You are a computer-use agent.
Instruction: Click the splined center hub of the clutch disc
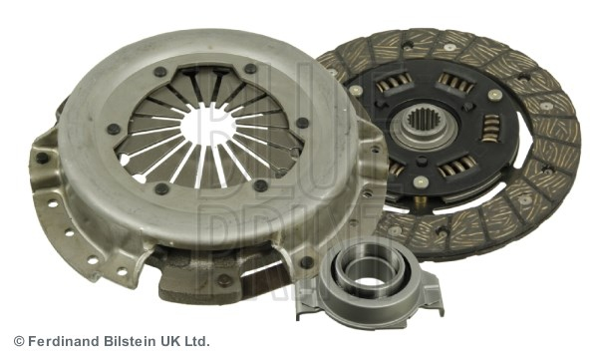tap(424, 123)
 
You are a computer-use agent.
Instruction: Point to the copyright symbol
tap(19, 341)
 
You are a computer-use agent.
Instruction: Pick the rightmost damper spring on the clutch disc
tap(490, 129)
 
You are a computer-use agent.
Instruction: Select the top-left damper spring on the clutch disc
tap(394, 82)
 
